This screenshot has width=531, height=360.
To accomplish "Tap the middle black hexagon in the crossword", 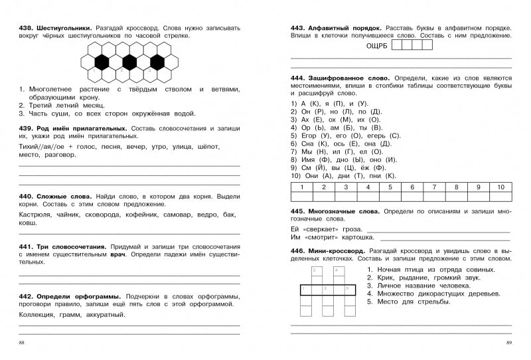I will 129,62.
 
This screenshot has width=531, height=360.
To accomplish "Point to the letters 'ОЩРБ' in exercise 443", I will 376,46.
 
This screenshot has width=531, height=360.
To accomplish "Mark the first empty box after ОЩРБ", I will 398,45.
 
